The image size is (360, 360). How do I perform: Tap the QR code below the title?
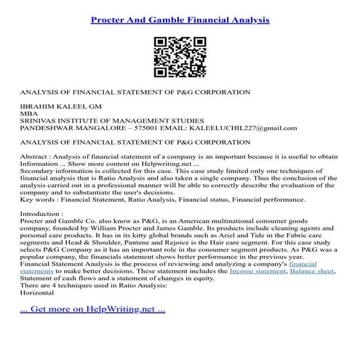[180, 56]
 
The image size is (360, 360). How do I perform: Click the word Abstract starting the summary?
[36, 159]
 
